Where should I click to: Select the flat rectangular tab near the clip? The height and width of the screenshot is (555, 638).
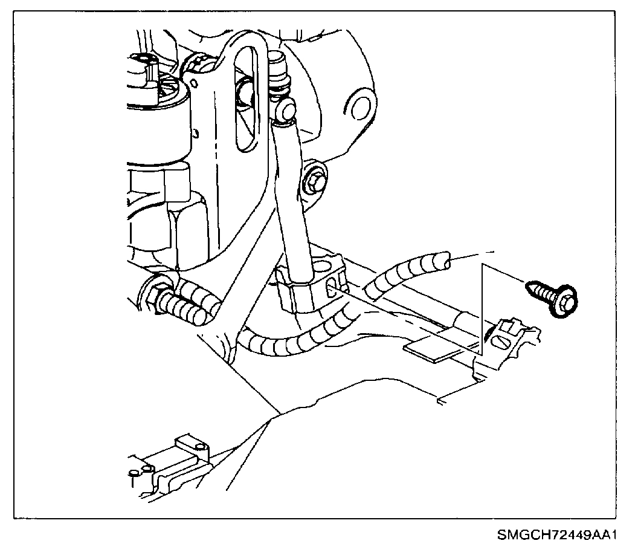pos(430,351)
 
